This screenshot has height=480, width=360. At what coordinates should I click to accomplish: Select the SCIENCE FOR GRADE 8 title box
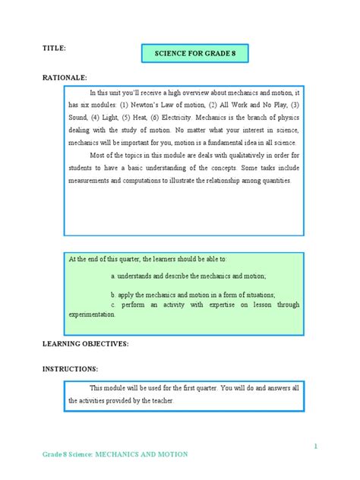pos(194,54)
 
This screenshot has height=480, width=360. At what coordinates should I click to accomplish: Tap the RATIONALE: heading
pos(65,77)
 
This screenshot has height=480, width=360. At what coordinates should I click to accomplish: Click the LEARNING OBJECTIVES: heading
pos(85,343)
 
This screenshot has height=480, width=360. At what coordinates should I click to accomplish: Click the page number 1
pos(314,447)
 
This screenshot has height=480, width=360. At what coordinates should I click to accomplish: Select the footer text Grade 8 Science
pos(66,454)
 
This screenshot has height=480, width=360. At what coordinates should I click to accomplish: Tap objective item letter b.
pos(112,294)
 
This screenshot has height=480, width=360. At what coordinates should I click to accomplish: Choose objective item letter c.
pos(112,304)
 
